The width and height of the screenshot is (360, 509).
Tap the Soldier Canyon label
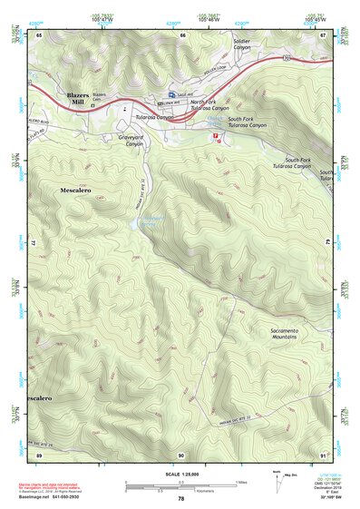243,44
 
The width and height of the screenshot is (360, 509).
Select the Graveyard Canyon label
131,141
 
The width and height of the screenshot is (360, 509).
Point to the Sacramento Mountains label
287,338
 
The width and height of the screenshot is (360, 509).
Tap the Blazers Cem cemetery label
99,97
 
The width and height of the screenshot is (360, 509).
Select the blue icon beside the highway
171,94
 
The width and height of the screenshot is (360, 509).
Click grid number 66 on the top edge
182,34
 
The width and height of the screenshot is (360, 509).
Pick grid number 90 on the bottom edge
181,454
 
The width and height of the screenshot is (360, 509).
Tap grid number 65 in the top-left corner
40,34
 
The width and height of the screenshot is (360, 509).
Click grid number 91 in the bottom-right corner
324,454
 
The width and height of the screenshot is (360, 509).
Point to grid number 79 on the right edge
326,244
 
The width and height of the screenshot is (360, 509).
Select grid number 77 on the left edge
36,244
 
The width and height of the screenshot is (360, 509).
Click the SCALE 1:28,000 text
180,474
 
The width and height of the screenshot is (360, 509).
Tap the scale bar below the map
180,485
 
